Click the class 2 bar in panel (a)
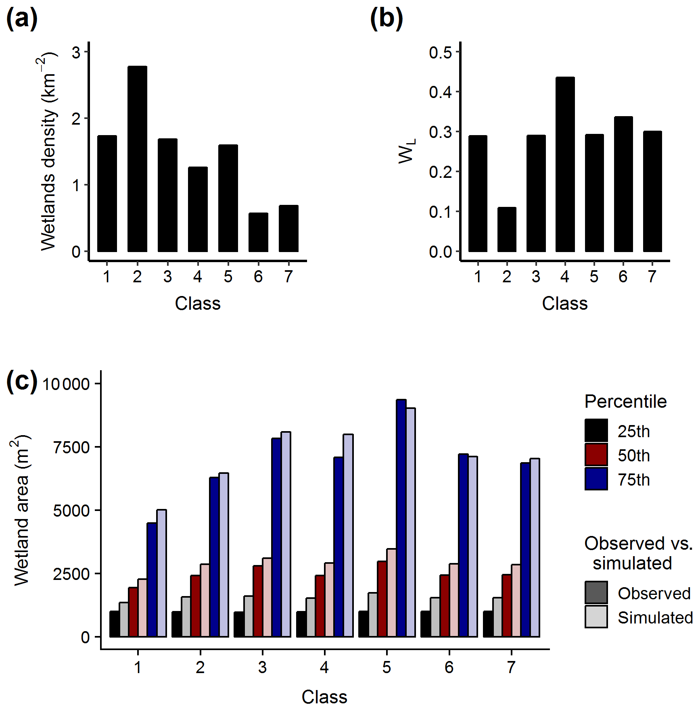pyautogui.click(x=137, y=159)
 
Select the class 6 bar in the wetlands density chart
pyautogui.click(x=258, y=232)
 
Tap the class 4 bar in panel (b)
pyautogui.click(x=565, y=164)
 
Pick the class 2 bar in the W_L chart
pyautogui.click(x=507, y=229)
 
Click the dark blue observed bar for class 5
pyautogui.click(x=401, y=518)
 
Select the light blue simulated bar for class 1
pyautogui.click(x=161, y=573)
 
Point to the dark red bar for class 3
pyautogui.click(x=257, y=601)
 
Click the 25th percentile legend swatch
pyautogui.click(x=596, y=431)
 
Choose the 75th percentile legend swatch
pyautogui.click(x=596, y=479)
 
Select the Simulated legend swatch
pyautogui.click(x=596, y=617)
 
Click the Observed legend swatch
pyautogui.click(x=596, y=592)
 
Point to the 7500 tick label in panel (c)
pyautogui.click(x=71, y=447)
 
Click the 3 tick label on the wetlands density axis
pyautogui.click(x=76, y=52)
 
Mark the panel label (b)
pyautogui.click(x=386, y=19)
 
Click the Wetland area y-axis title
pyautogui.click(x=22, y=510)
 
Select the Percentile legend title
pyautogui.click(x=625, y=402)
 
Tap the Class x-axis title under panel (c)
pyautogui.click(x=324, y=697)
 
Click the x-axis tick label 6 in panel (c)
pyautogui.click(x=449, y=667)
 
